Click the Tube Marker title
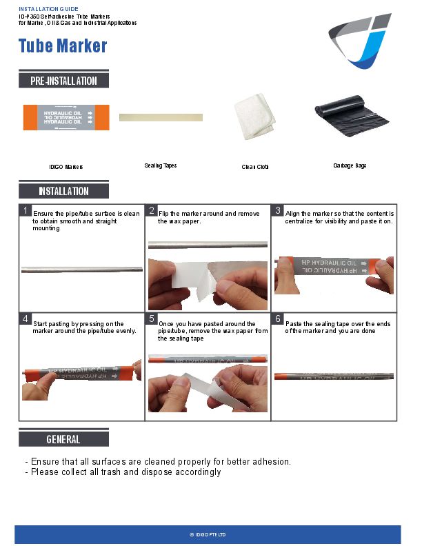(63, 46)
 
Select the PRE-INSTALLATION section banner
(63, 81)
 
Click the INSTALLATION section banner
(63, 191)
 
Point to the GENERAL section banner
(63, 438)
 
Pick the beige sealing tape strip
(161, 117)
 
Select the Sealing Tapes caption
(161, 165)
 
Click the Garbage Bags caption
(350, 166)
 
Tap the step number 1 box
(25, 210)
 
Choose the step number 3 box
(278, 210)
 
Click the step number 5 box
(152, 319)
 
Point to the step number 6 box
(278, 319)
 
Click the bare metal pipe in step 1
(81, 270)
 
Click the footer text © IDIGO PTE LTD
(208, 535)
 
